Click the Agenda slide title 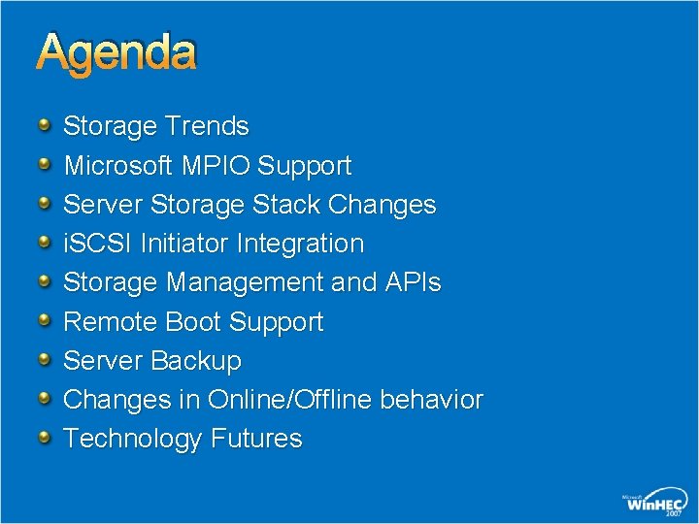[116, 53]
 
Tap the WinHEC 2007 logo [654, 503]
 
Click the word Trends [207, 126]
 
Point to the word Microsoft [118, 166]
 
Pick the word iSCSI [98, 244]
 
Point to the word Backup [196, 361]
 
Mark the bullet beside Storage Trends [44, 125]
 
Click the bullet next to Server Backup [44, 360]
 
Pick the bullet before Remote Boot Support [44, 320]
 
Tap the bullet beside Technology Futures [44, 438]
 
